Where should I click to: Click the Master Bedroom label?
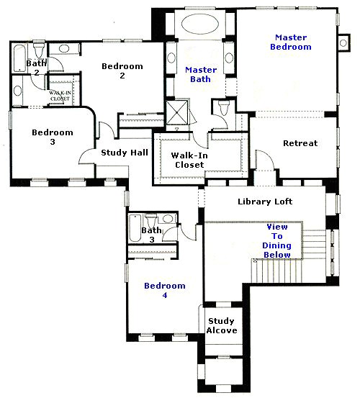click(x=292, y=42)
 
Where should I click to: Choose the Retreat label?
click(x=300, y=143)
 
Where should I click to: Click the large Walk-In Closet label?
click(x=187, y=160)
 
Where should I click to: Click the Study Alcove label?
click(x=222, y=325)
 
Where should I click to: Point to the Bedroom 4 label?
click(x=164, y=291)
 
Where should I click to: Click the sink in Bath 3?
click(x=167, y=219)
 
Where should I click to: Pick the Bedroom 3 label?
click(x=52, y=137)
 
